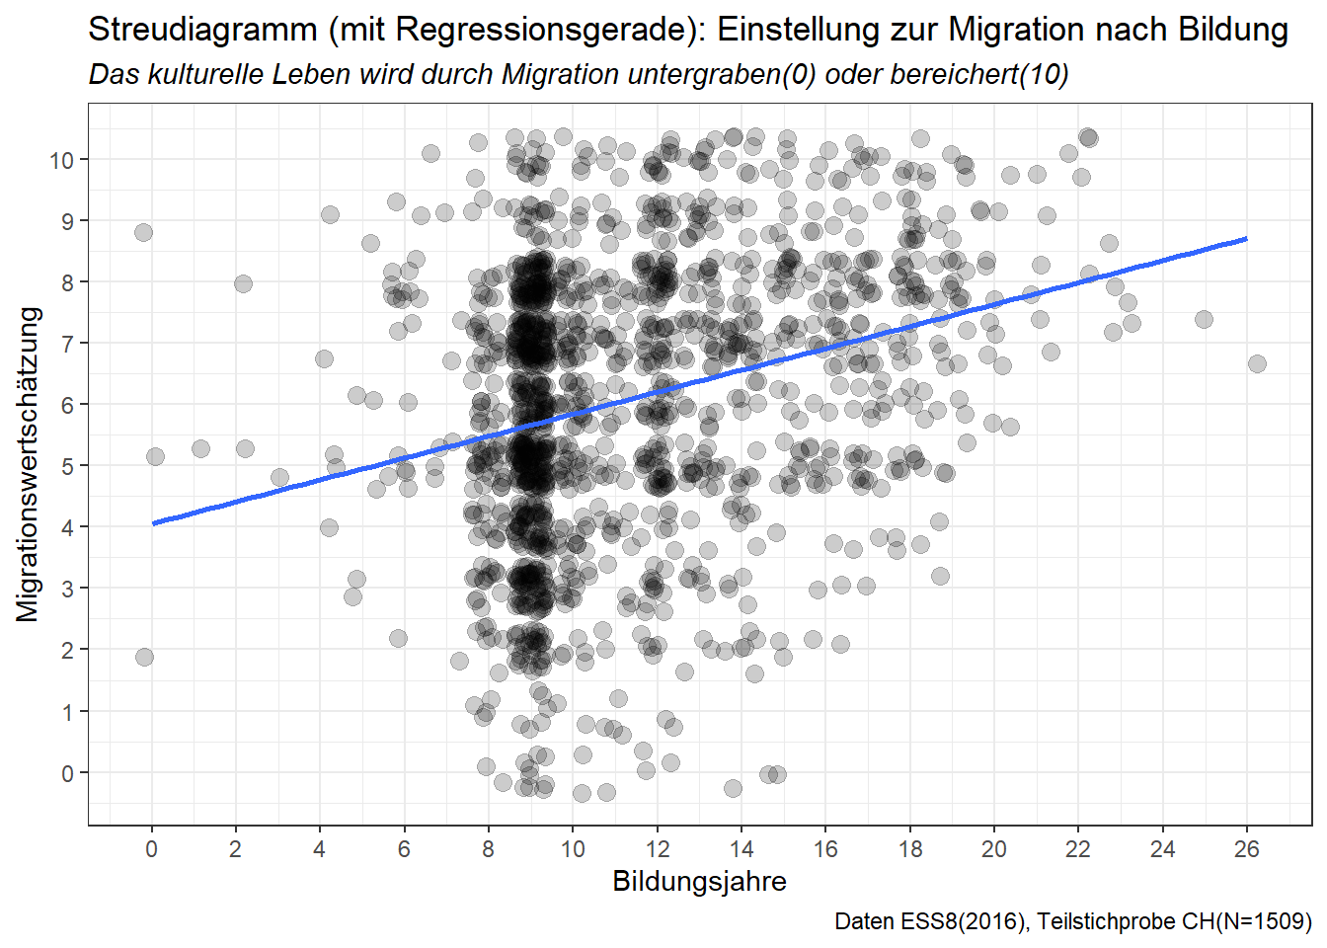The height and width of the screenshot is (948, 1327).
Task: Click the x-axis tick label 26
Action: [1247, 849]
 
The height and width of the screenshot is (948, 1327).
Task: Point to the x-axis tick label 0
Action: [151, 849]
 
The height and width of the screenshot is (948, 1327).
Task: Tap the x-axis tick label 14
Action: [742, 849]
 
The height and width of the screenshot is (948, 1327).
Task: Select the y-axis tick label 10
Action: [62, 160]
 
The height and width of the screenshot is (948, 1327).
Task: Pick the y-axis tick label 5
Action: [67, 466]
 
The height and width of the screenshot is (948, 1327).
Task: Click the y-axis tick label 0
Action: [67, 773]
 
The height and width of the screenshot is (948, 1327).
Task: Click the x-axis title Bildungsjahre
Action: [699, 882]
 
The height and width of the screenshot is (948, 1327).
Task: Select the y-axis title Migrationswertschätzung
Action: [29, 464]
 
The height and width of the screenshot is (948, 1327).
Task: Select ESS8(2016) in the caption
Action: [964, 922]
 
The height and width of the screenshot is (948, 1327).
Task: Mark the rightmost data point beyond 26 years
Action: [1257, 363]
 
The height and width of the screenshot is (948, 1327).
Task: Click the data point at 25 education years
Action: [1204, 319]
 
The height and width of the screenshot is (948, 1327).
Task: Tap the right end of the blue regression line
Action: [1247, 238]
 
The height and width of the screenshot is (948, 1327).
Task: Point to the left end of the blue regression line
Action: [153, 523]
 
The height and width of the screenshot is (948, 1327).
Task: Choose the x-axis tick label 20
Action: [994, 849]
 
